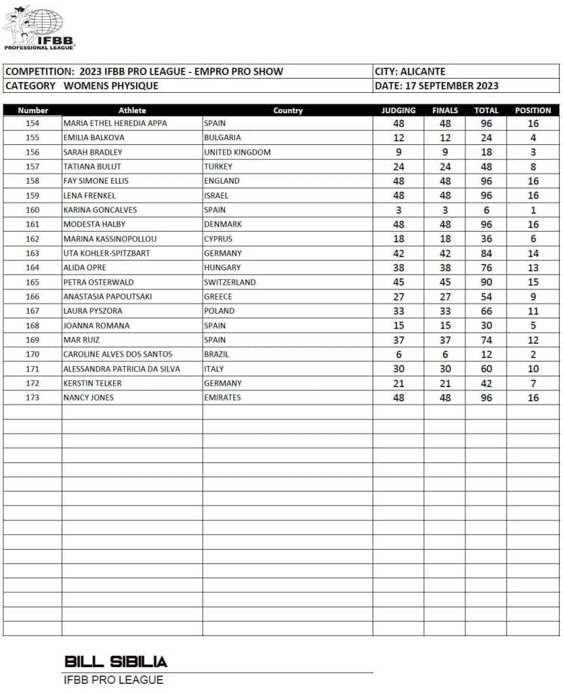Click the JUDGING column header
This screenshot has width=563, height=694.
398,110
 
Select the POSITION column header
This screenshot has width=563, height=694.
533,110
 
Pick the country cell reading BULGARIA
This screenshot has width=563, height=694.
222,138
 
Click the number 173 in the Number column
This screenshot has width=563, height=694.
33,397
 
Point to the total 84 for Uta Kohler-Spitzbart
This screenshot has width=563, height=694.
486,253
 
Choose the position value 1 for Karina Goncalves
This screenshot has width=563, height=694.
533,210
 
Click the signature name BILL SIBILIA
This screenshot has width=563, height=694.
116,661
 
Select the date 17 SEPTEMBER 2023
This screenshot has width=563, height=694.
451,86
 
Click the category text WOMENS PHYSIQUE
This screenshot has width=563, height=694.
111,86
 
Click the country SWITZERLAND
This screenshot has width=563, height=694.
230,282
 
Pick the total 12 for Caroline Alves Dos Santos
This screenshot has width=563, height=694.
486,354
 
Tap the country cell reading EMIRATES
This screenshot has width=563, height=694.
222,397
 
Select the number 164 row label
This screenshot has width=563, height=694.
33,268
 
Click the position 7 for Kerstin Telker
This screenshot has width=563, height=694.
533,383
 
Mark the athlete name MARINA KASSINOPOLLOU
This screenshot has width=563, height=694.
110,239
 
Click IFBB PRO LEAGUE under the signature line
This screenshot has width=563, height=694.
113,680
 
